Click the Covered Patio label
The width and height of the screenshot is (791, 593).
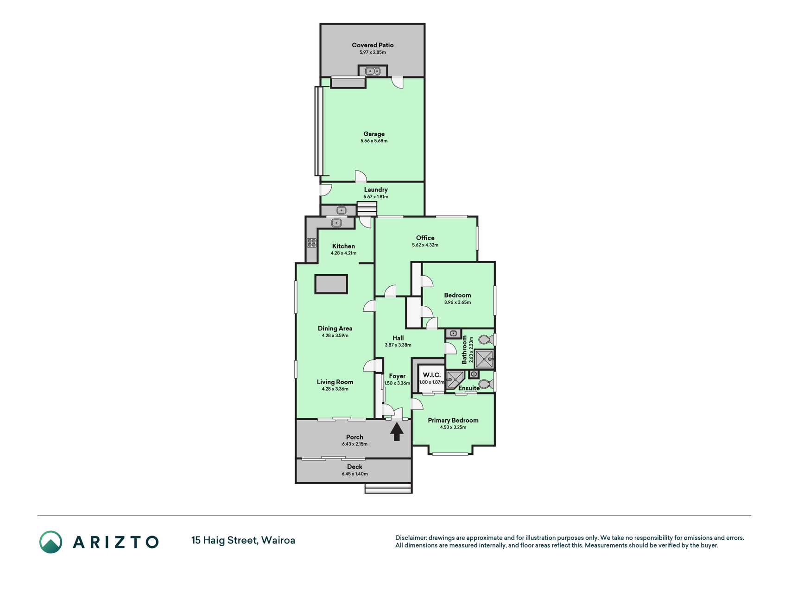coord(373,45)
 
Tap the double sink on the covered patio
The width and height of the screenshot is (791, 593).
coord(373,71)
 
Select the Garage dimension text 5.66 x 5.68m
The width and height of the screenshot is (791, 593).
coord(374,141)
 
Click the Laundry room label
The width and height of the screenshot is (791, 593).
coord(376,189)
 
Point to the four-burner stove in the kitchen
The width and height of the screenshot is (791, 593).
coord(311,243)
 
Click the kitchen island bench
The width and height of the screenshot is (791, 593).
coord(331,284)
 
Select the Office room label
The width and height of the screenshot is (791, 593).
coord(425,238)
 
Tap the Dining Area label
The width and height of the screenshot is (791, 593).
coord(335,328)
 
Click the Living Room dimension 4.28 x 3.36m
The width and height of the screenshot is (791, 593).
coord(335,389)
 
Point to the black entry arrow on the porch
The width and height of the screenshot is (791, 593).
coord(397,432)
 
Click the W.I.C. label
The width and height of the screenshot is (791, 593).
coord(432,375)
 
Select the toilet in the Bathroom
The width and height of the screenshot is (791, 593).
coord(485,340)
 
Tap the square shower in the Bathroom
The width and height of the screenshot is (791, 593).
coord(484,359)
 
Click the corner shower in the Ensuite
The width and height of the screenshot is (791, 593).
coord(455,379)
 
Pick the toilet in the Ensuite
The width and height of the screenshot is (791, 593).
coord(486,384)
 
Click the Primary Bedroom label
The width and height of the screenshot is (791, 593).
coord(453,420)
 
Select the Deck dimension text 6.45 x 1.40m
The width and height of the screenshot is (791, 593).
coord(354,474)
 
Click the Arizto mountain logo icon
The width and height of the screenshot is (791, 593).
coord(51,542)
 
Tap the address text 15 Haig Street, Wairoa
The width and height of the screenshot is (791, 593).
coord(243,540)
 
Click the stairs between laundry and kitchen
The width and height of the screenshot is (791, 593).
coord(367,209)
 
